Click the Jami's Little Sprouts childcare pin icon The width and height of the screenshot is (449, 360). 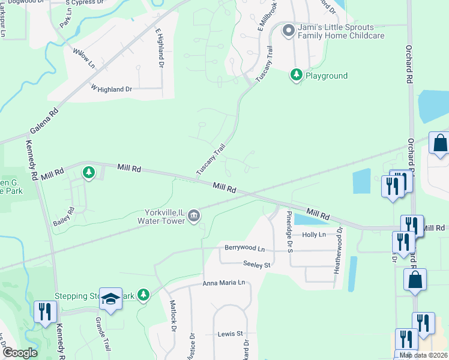289,31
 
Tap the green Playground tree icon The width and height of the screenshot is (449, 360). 296,75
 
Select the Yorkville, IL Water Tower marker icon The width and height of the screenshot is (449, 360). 194,215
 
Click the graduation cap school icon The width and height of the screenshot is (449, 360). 110,299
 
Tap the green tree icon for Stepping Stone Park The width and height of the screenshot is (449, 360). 143,295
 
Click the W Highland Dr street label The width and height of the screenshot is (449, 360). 111,89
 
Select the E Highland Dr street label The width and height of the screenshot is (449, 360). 160,47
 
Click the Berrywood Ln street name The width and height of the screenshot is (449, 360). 244,248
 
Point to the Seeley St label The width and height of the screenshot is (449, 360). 258,264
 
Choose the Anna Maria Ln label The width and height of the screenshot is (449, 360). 224,283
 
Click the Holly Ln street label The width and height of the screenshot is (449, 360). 313,235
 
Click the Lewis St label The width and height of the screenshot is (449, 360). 231,334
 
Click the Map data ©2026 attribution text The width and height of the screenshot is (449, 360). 423,355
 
